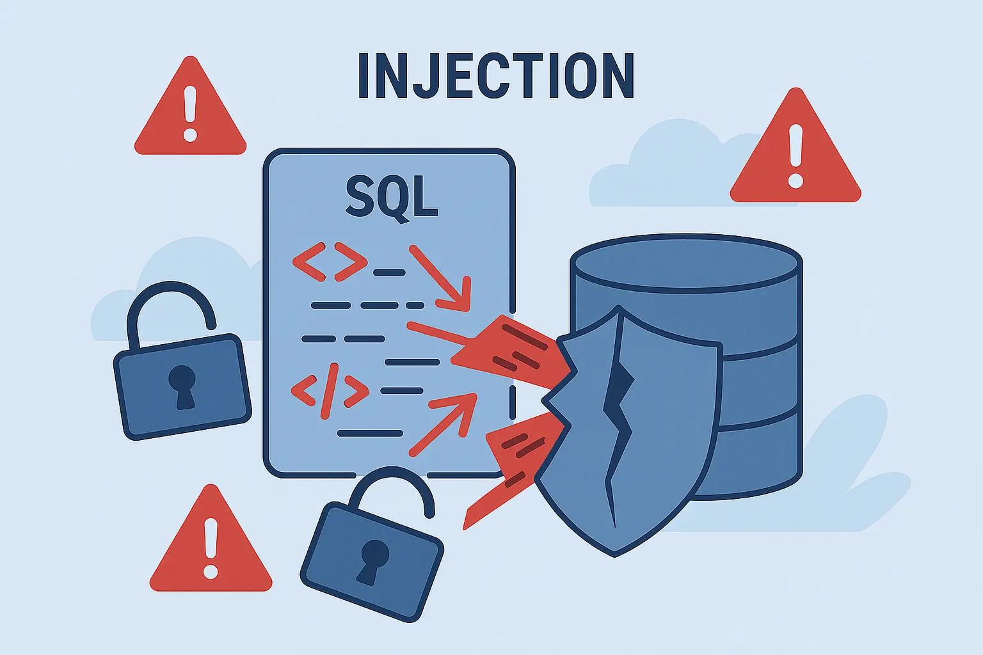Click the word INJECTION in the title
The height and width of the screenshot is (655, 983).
[x=495, y=75]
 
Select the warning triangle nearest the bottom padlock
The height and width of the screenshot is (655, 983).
[x=211, y=546]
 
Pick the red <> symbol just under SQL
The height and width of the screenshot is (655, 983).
[x=330, y=261]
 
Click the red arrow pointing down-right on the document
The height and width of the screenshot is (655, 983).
[x=442, y=276]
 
